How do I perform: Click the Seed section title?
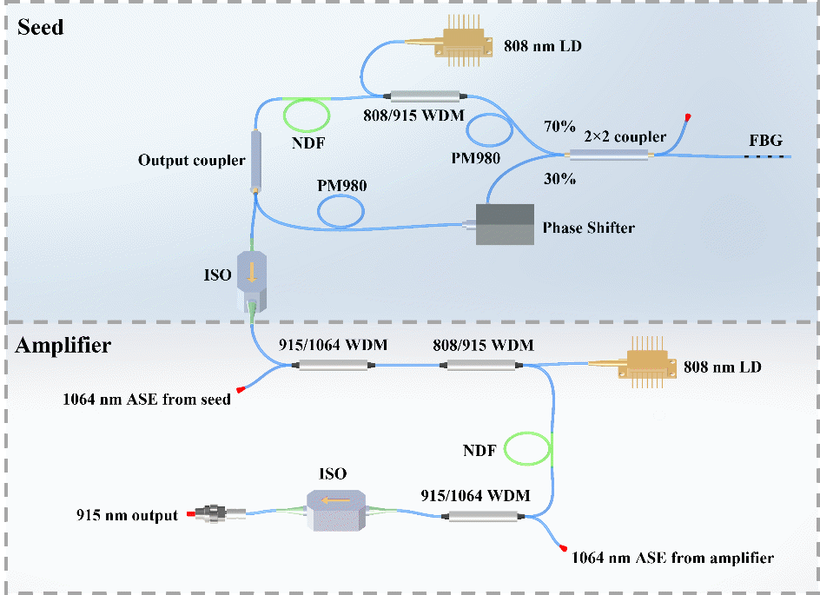pyautogui.click(x=41, y=27)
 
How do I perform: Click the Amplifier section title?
pyautogui.click(x=63, y=346)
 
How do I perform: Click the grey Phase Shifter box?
pyautogui.click(x=505, y=225)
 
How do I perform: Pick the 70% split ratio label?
pyautogui.click(x=559, y=127)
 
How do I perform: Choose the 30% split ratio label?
pyautogui.click(x=559, y=179)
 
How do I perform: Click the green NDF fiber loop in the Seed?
pyautogui.click(x=307, y=114)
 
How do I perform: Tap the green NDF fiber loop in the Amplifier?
pyautogui.click(x=528, y=449)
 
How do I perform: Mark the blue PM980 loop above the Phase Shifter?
pyautogui.click(x=343, y=209)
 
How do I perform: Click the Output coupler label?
pyautogui.click(x=192, y=161)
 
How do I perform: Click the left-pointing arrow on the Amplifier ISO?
pyautogui.click(x=336, y=499)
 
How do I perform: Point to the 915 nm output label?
pyautogui.click(x=127, y=515)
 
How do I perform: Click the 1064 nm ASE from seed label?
pyautogui.click(x=146, y=400)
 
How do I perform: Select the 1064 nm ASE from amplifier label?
pyautogui.click(x=672, y=557)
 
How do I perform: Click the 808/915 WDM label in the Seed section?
pyautogui.click(x=412, y=113)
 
